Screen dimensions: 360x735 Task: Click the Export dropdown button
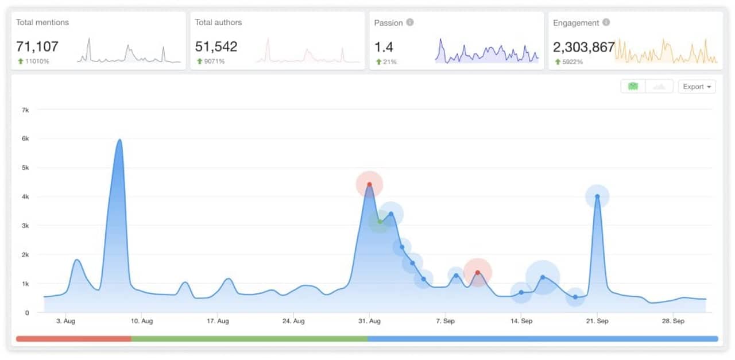697,87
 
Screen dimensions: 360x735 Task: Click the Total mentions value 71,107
37,47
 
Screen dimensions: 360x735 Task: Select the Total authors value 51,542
216,47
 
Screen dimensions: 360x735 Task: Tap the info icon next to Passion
410,23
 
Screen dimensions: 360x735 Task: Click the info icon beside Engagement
606,23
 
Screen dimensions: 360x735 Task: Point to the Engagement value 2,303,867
583,47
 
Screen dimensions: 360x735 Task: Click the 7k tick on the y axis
26,110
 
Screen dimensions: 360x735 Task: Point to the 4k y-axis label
26,197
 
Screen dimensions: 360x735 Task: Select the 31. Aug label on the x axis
369,321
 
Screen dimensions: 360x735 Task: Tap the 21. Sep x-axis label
597,321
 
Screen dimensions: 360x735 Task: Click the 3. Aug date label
65,321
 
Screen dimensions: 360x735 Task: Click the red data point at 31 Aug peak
369,184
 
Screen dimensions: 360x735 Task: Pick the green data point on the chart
380,222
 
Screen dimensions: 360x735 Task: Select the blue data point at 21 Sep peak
597,196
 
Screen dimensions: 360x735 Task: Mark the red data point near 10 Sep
477,273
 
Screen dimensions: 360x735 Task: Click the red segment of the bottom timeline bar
73,339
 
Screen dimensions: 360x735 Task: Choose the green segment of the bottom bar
249,339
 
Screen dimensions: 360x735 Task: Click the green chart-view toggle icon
633,87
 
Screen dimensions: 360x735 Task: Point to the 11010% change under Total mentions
37,61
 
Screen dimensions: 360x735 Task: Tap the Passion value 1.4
384,47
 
